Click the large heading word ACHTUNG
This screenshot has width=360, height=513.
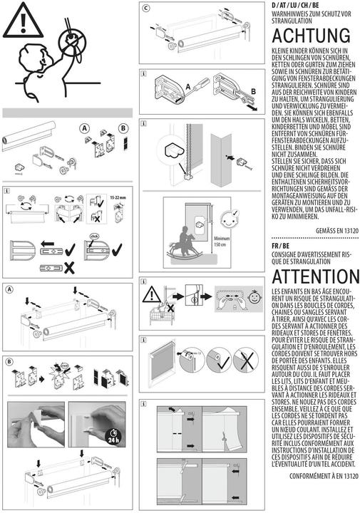(x=311, y=36)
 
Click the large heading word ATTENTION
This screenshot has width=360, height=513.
(x=316, y=276)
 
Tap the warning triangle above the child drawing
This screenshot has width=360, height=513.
(x=23, y=20)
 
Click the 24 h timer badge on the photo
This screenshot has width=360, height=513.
(x=113, y=437)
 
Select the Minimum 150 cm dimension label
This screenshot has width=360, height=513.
(x=221, y=242)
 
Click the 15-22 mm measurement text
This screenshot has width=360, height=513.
(x=118, y=197)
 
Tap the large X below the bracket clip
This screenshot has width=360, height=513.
(x=69, y=269)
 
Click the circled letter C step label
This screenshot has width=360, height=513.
(x=146, y=8)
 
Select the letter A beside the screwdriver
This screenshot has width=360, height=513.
(x=188, y=87)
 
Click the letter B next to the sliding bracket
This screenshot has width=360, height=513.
(x=253, y=92)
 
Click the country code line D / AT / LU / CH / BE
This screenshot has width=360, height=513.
(x=295, y=5)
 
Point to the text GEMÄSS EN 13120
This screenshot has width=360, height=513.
(x=337, y=231)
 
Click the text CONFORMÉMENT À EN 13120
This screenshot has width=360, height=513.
(x=324, y=476)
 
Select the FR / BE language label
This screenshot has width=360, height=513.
(x=280, y=246)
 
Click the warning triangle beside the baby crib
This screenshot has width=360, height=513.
(x=151, y=294)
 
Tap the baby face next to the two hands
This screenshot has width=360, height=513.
(x=254, y=296)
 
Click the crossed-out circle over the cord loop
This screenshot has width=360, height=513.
(x=72, y=40)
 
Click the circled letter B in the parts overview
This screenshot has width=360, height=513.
(x=123, y=128)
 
